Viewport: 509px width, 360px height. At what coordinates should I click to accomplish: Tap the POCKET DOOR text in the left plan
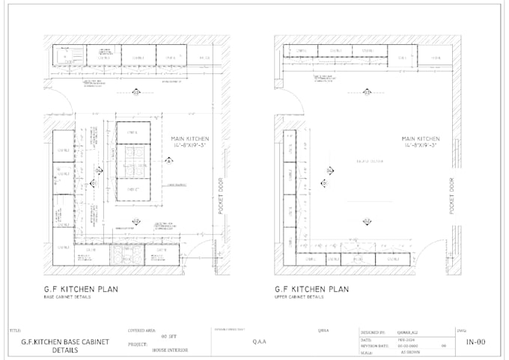pyautogui.click(x=221, y=195)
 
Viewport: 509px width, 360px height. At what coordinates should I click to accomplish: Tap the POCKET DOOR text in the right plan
pyautogui.click(x=452, y=195)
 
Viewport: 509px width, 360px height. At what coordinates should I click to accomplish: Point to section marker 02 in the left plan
pyautogui.click(x=136, y=221)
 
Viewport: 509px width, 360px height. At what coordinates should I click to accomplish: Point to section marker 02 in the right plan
pyautogui.click(x=368, y=221)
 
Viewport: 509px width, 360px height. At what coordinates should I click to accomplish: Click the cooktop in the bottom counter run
pyautogui.click(x=123, y=257)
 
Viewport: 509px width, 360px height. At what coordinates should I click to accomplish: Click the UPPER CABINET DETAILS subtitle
pyautogui.click(x=299, y=297)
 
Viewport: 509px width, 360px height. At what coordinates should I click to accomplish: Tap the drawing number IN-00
pyautogui.click(x=475, y=342)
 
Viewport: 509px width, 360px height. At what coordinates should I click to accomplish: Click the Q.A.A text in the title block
pyautogui.click(x=259, y=341)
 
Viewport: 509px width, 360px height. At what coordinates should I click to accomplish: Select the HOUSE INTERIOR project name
pyautogui.click(x=169, y=350)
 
